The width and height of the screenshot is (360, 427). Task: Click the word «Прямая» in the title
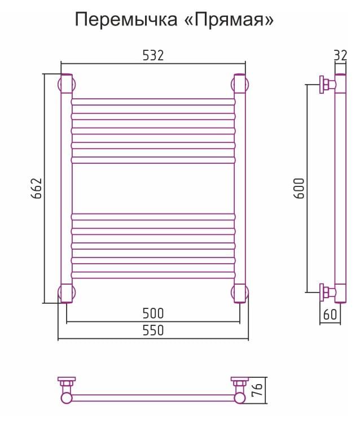coord(229,20)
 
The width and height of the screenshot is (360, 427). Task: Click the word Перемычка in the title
coord(126,20)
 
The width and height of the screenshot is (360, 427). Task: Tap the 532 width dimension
coord(153,55)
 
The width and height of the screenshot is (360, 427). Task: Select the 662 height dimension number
coord(36,189)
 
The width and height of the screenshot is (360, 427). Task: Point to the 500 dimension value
coord(153,313)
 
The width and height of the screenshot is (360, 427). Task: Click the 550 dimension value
coord(153,330)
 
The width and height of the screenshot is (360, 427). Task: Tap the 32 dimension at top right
coord(340,56)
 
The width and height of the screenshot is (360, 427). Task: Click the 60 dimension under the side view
coord(330,315)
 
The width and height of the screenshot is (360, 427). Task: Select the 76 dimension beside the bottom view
coord(258,390)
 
